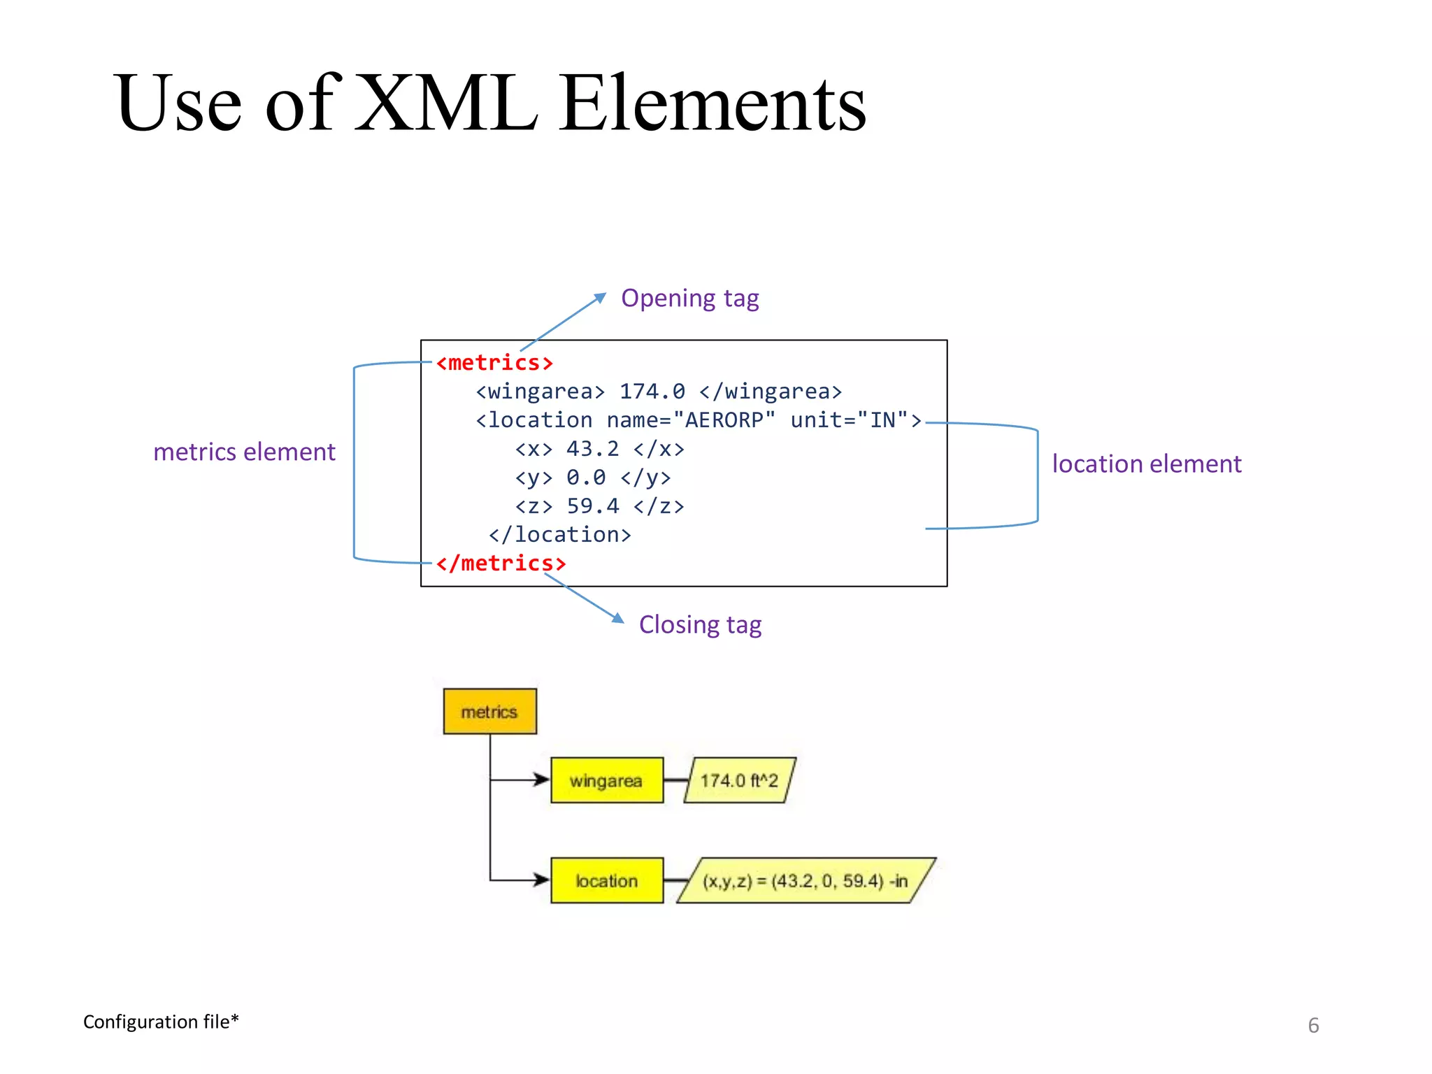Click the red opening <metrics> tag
[494, 363]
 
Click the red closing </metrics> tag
[501, 563]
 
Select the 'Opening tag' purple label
[689, 299]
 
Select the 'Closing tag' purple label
[700, 624]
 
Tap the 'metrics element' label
[244, 452]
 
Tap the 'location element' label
[1147, 464]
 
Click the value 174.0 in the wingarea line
[652, 392]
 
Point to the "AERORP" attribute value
[724, 420]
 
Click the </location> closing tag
[559, 535]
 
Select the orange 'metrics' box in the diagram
[489, 712]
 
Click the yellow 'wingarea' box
[606, 780]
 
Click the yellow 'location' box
[606, 880]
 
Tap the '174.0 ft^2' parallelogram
[739, 780]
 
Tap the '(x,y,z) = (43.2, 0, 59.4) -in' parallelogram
[805, 880]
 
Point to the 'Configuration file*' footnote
[161, 1022]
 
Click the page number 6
[1313, 1026]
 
